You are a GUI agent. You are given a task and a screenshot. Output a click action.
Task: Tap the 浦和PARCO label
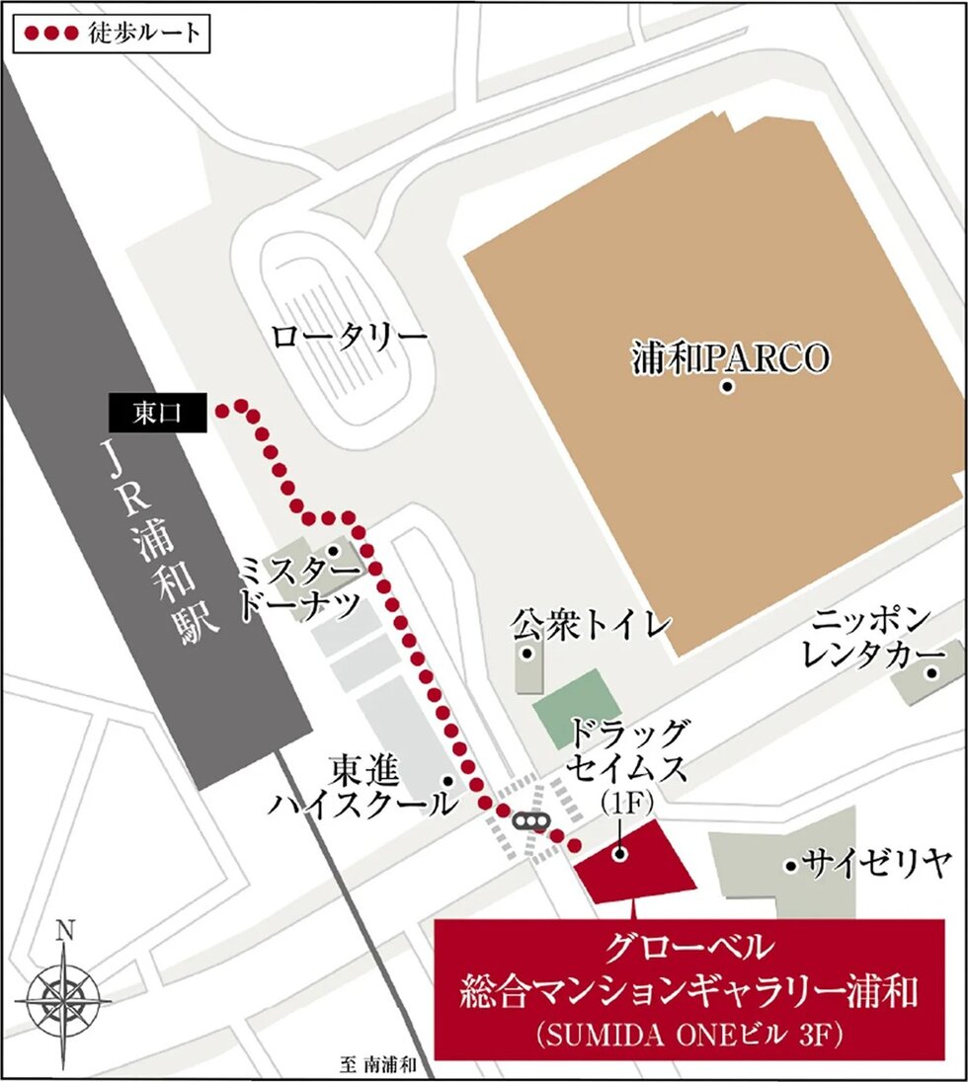tap(730, 358)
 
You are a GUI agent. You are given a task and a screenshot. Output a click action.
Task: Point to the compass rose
tap(65, 1000)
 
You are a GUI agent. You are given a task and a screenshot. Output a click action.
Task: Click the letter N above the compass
tap(65, 930)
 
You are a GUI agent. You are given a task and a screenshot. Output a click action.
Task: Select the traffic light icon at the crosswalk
tap(530, 821)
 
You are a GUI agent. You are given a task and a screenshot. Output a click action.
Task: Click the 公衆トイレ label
tap(592, 624)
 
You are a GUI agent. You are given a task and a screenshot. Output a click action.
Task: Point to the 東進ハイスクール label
tap(363, 785)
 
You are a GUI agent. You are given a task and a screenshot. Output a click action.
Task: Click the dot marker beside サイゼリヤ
tap(790, 866)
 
